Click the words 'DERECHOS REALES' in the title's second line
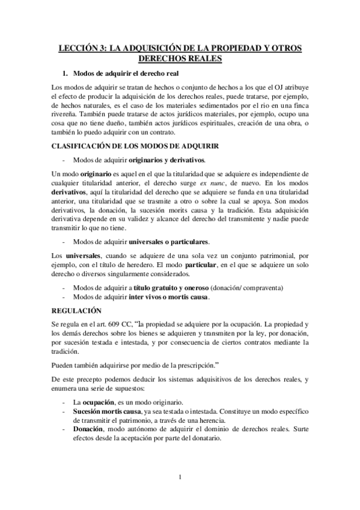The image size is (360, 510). pyautogui.click(x=180, y=58)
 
